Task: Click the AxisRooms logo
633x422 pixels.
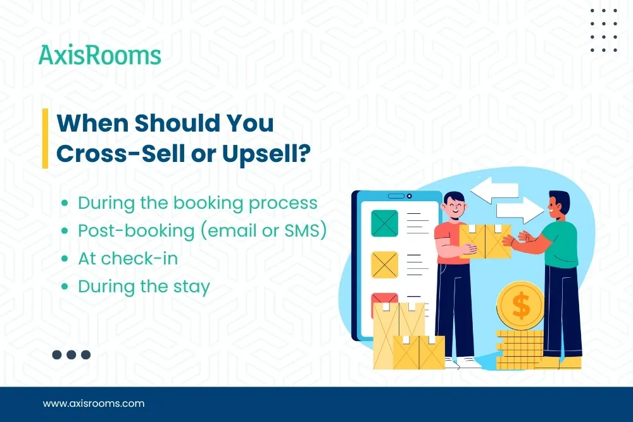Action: point(99,56)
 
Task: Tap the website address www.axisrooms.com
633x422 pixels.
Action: point(94,403)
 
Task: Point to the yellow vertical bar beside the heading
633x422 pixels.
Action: point(45,138)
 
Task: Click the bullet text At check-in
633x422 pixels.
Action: point(128,258)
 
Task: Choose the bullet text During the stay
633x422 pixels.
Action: point(144,287)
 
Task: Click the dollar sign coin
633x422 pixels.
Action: point(520,306)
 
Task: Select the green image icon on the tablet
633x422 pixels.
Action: point(384,223)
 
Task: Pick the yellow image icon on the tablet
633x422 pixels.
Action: point(384,264)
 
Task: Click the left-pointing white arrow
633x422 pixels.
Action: point(494,190)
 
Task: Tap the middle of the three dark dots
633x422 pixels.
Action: point(72,355)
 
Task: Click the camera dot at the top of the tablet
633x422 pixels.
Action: point(409,196)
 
